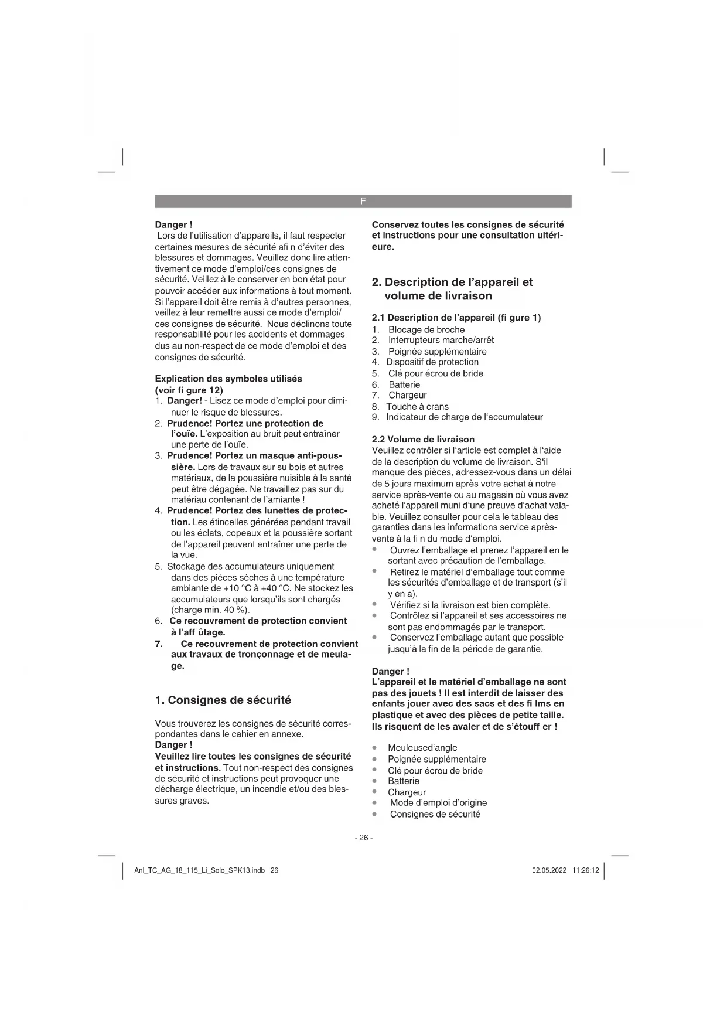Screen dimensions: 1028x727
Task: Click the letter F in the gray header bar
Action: click(363, 201)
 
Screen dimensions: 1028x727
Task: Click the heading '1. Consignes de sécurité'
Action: click(223, 700)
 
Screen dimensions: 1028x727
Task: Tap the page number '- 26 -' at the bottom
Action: click(363, 838)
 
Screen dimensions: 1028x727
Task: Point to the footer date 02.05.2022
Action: click(549, 870)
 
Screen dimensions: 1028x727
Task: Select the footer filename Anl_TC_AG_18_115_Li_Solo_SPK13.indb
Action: click(200, 870)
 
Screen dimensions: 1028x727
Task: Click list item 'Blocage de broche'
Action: click(426, 329)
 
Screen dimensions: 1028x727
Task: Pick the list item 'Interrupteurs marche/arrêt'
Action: click(441, 340)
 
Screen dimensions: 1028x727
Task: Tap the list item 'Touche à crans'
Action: click(417, 406)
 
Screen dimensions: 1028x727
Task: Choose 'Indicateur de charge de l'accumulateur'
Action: click(464, 417)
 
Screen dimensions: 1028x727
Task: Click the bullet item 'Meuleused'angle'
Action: click(422, 747)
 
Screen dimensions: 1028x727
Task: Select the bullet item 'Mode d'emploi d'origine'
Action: click(438, 802)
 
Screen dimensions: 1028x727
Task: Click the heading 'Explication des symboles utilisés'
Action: click(228, 379)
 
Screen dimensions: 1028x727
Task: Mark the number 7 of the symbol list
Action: click(159, 644)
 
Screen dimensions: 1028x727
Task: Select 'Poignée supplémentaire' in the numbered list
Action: click(437, 351)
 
